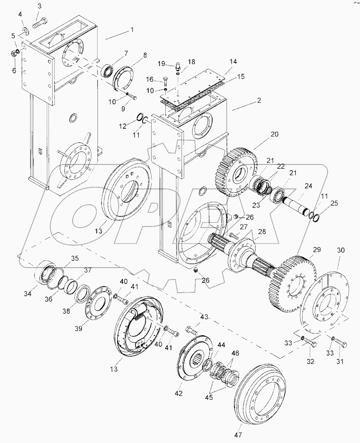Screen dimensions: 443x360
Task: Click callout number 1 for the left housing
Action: point(132,30)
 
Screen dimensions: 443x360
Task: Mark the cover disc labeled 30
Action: point(324,298)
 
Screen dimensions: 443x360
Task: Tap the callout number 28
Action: point(261,232)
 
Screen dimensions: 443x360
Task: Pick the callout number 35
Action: point(74,258)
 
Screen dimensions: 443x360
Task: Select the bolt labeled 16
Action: point(166,81)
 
